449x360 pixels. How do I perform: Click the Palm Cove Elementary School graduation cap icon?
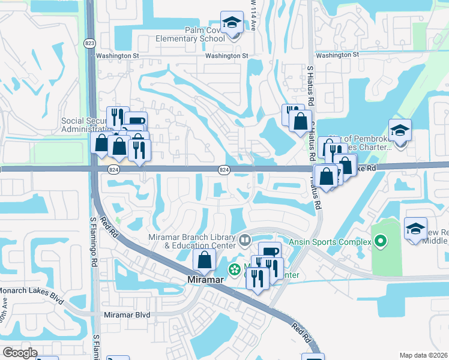tap(231, 23)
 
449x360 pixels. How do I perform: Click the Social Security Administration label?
tap(84, 125)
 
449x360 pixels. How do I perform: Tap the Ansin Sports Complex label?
tap(331, 242)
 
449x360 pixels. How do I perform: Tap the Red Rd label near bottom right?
tap(303, 333)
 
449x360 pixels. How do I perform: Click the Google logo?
tap(20, 352)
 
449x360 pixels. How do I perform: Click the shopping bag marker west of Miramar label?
tap(204, 260)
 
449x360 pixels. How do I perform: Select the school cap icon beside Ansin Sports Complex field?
tap(416, 229)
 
